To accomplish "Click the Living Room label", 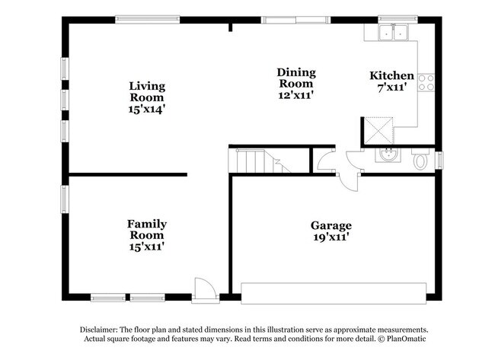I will (147, 91).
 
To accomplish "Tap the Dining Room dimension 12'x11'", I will (296, 95).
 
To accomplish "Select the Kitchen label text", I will (391, 75).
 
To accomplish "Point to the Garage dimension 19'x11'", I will (331, 237).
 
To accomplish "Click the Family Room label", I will (147, 229).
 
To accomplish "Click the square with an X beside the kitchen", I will (378, 131).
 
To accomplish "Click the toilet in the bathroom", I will (420, 161).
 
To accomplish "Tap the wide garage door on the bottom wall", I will (334, 294).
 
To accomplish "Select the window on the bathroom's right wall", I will (439, 160).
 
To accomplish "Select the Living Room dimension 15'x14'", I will (147, 108).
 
